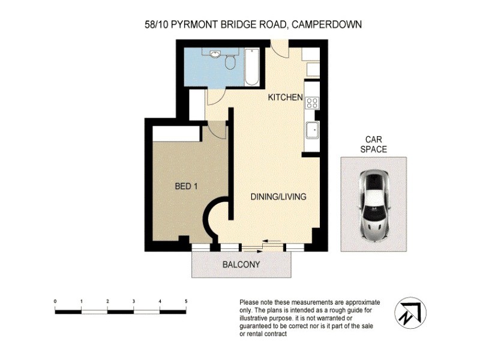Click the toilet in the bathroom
point(230,62)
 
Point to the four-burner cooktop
point(312,103)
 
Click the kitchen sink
point(312,130)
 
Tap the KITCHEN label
point(285,98)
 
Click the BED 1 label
point(186,187)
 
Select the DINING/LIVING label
point(278,197)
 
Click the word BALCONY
point(241,265)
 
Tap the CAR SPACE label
point(373,145)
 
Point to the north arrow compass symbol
point(410,313)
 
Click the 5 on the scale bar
point(186,301)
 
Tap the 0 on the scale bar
point(55,301)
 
